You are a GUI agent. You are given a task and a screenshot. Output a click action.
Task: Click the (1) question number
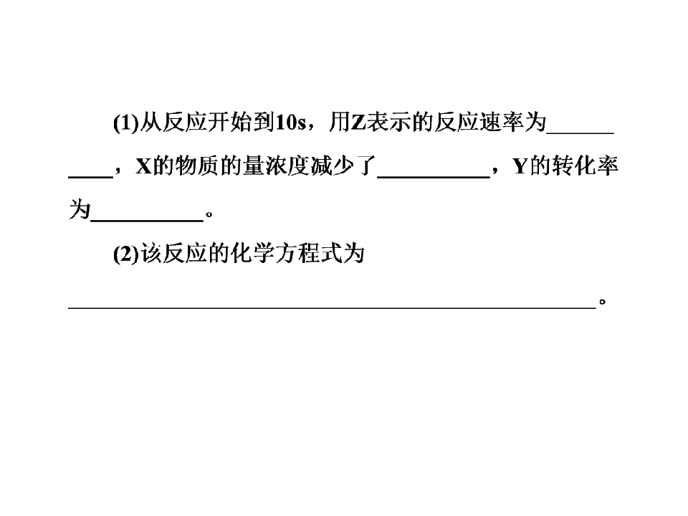[126, 123]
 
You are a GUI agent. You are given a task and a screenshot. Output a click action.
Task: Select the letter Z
[358, 123]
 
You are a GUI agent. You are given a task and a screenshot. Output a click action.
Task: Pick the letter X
[143, 166]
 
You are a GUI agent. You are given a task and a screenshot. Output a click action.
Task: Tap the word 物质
[196, 166]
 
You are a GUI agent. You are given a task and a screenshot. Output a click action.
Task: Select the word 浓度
[287, 166]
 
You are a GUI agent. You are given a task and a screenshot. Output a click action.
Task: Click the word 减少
[332, 166]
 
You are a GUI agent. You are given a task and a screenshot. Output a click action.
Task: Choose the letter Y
[520, 166]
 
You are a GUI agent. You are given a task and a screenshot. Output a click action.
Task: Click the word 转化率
[585, 166]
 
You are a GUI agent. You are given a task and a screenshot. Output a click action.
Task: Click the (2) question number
[126, 254]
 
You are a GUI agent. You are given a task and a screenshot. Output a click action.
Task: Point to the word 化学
[252, 254]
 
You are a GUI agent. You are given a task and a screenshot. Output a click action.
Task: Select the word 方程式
[308, 254]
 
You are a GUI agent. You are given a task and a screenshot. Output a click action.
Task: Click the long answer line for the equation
[332, 308]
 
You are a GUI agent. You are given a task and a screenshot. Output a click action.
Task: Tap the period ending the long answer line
[603, 302]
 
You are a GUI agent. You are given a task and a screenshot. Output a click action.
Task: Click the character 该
[151, 254]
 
